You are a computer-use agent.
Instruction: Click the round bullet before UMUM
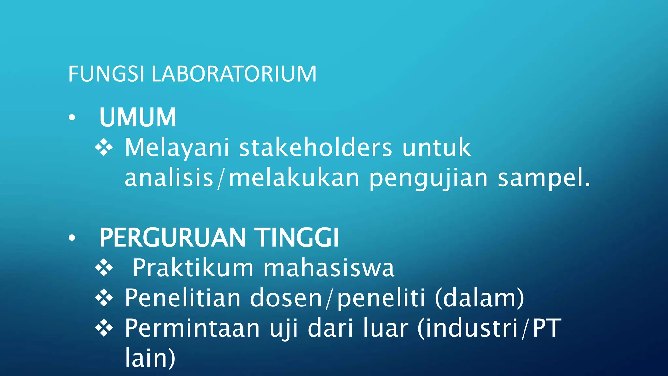pos(72,117)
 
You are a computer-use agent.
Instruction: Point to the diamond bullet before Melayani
pos(104,148)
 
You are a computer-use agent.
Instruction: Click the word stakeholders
pos(315,148)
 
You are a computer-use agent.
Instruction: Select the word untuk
pos(436,148)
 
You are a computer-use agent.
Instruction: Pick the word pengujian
pos(428,178)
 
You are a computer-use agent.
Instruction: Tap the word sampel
pos(544,178)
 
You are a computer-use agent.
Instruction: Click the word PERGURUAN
pos(172,238)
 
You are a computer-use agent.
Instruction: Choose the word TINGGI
pos(297,238)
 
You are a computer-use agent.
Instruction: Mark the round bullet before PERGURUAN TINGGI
pos(72,238)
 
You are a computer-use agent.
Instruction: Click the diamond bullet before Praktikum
pos(104,268)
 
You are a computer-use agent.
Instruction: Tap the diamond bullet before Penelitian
pos(104,298)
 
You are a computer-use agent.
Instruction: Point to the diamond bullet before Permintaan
pos(104,328)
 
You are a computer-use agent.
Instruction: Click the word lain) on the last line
pos(150,358)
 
